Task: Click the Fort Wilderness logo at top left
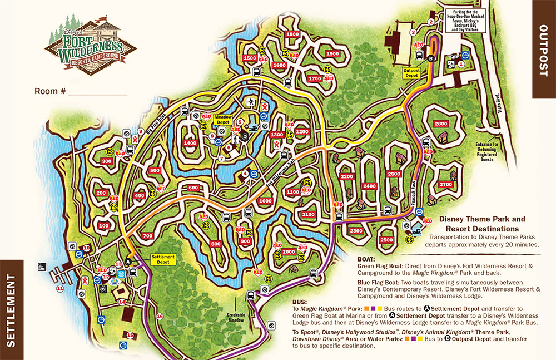tap(91, 42)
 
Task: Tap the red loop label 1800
tap(292, 34)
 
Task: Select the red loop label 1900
tap(332, 54)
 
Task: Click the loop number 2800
tap(440, 124)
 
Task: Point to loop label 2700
tap(445, 184)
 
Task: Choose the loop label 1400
tap(190, 144)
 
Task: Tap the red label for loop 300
tap(107, 161)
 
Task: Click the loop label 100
tap(104, 226)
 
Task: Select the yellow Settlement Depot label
tap(163, 259)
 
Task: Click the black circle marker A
tap(128, 262)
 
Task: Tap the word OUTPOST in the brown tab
tap(544, 49)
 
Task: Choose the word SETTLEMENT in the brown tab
tap(12, 309)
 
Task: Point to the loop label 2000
tap(289, 251)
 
